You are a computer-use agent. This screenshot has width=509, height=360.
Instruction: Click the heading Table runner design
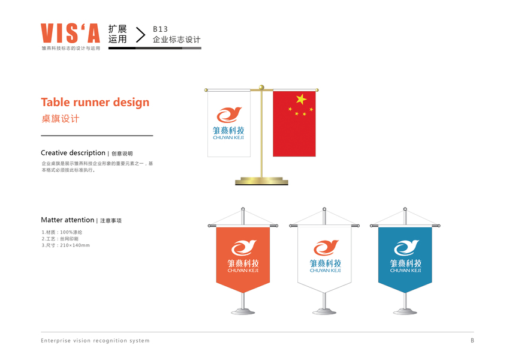click(x=95, y=102)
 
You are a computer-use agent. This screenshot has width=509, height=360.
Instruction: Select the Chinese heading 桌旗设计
click(x=60, y=119)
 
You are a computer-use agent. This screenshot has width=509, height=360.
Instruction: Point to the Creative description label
click(x=73, y=153)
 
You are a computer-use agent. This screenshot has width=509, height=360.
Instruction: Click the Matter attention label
click(x=68, y=220)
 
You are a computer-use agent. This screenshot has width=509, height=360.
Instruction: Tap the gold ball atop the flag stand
click(x=261, y=88)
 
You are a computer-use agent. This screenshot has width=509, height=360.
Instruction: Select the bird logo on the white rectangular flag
click(x=228, y=114)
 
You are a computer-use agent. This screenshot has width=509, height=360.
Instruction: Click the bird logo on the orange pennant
click(x=243, y=247)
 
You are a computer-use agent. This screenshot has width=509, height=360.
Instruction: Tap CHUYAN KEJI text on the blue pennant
click(x=405, y=271)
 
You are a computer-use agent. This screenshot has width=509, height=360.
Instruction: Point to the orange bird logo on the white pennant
click(x=325, y=247)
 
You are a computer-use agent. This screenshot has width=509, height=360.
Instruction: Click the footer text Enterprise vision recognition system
click(x=95, y=341)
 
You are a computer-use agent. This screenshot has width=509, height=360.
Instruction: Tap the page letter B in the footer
click(x=472, y=341)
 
